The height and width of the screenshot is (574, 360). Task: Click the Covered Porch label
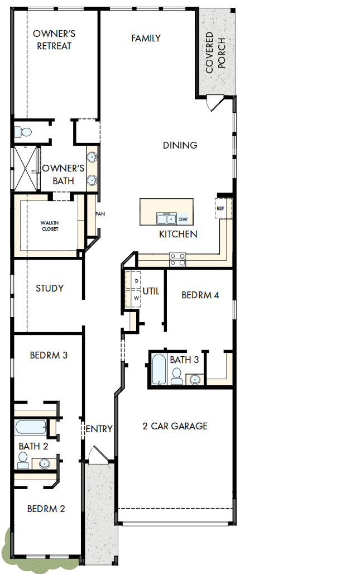(x=215, y=54)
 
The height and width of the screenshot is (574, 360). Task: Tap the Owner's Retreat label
(x=54, y=40)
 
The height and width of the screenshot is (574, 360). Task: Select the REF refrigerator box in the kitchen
(x=221, y=208)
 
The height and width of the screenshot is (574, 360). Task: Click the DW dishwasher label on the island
(x=183, y=219)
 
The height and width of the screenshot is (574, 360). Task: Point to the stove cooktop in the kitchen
(x=178, y=259)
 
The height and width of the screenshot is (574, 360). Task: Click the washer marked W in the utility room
(x=136, y=298)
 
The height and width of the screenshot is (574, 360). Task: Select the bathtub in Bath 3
(x=159, y=369)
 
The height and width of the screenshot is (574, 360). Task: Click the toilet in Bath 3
(x=177, y=377)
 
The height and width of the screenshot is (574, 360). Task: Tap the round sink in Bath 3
(x=195, y=380)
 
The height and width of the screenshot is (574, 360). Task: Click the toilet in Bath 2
(x=23, y=461)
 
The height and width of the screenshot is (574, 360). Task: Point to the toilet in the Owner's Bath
(x=23, y=132)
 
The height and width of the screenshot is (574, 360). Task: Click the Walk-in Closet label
(x=50, y=226)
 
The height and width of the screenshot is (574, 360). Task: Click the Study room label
(x=50, y=288)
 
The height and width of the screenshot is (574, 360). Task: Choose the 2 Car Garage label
(x=175, y=426)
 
